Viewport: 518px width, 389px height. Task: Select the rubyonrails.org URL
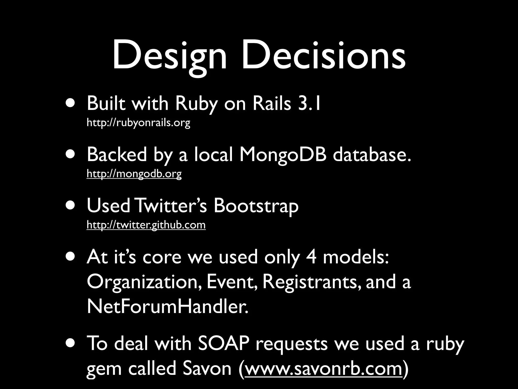click(x=138, y=123)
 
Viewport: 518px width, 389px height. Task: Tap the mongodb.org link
click(x=134, y=174)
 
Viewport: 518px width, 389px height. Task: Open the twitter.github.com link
click(x=146, y=225)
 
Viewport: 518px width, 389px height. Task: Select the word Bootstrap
click(x=256, y=206)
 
